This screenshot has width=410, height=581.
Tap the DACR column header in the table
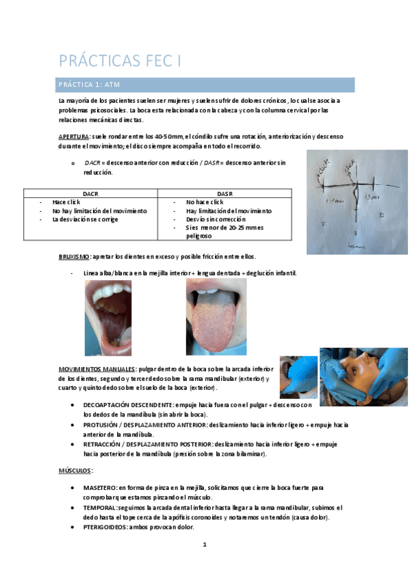tap(90, 194)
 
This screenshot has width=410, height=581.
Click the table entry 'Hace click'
tap(66, 203)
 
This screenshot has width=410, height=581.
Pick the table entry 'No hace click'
tap(205, 203)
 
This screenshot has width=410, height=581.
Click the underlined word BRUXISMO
tap(74, 256)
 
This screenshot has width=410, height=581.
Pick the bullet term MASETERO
tap(99, 487)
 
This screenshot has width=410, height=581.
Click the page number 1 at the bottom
tap(205, 545)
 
